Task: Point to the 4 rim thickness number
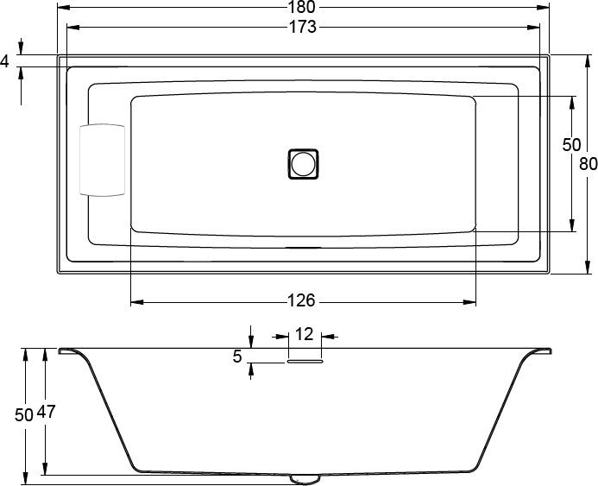pos(5,61)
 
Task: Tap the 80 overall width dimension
pos(588,164)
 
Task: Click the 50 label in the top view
pos(571,145)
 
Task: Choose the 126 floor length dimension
pos(301,301)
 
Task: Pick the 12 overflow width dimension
pos(304,334)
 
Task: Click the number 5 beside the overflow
pos(236,355)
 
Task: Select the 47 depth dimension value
pos(47,413)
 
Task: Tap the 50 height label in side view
pos(24,414)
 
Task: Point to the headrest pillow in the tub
pos(102,161)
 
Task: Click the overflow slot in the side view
pos(304,363)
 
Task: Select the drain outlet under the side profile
pos(304,477)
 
